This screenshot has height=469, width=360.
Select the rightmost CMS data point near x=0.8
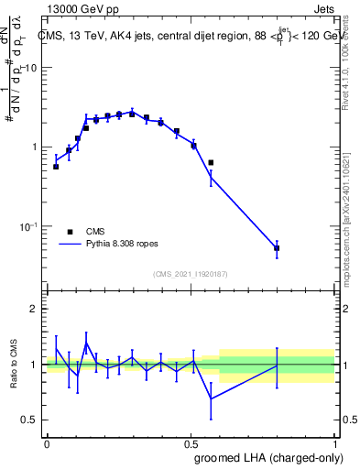pos(277,248)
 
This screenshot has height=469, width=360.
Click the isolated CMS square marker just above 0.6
pos(211,163)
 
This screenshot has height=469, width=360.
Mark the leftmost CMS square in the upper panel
pos(56,167)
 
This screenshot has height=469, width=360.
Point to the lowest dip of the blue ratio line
pos(211,398)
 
